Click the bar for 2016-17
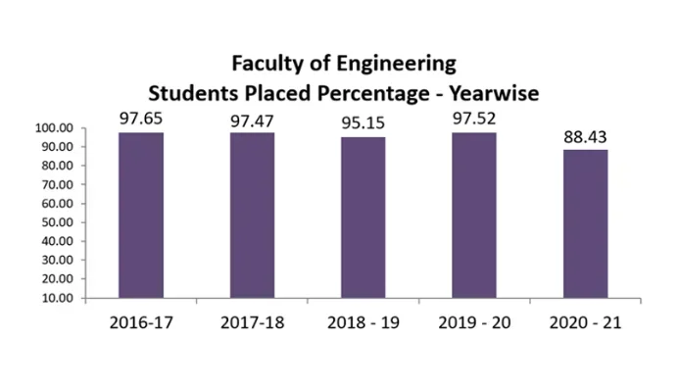pyautogui.click(x=140, y=216)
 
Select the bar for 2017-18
pyautogui.click(x=252, y=216)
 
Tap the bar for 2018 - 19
pyautogui.click(x=363, y=218)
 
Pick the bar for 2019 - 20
pyautogui.click(x=473, y=216)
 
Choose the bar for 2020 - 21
pyautogui.click(x=585, y=224)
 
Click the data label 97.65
pyautogui.click(x=140, y=119)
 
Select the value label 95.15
pyautogui.click(x=363, y=123)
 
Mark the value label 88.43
pyautogui.click(x=585, y=135)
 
